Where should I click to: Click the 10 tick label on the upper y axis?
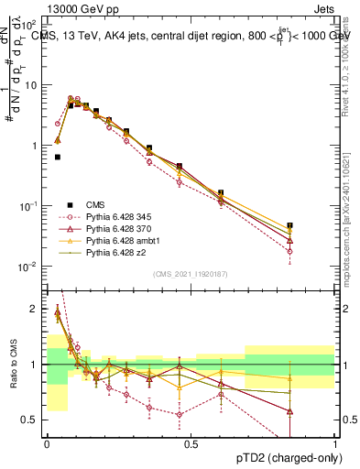pyautogui.click(x=29, y=85)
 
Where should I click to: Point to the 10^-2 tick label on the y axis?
pyautogui.click(x=27, y=267)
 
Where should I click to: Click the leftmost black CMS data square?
pyautogui.click(x=58, y=157)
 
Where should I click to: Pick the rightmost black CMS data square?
pyautogui.click(x=290, y=225)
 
